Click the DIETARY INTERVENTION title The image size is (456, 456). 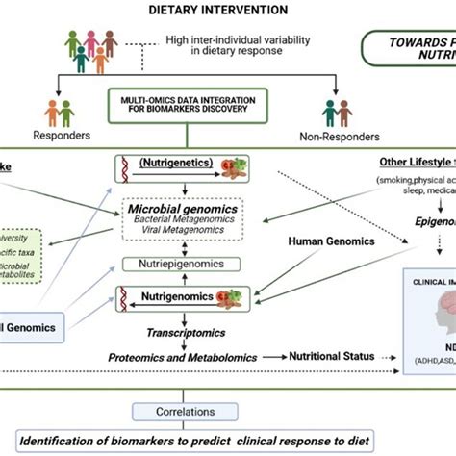pyautogui.click(x=216, y=11)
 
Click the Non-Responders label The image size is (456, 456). pyautogui.click(x=337, y=137)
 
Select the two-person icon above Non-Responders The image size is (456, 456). pyautogui.click(x=336, y=114)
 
